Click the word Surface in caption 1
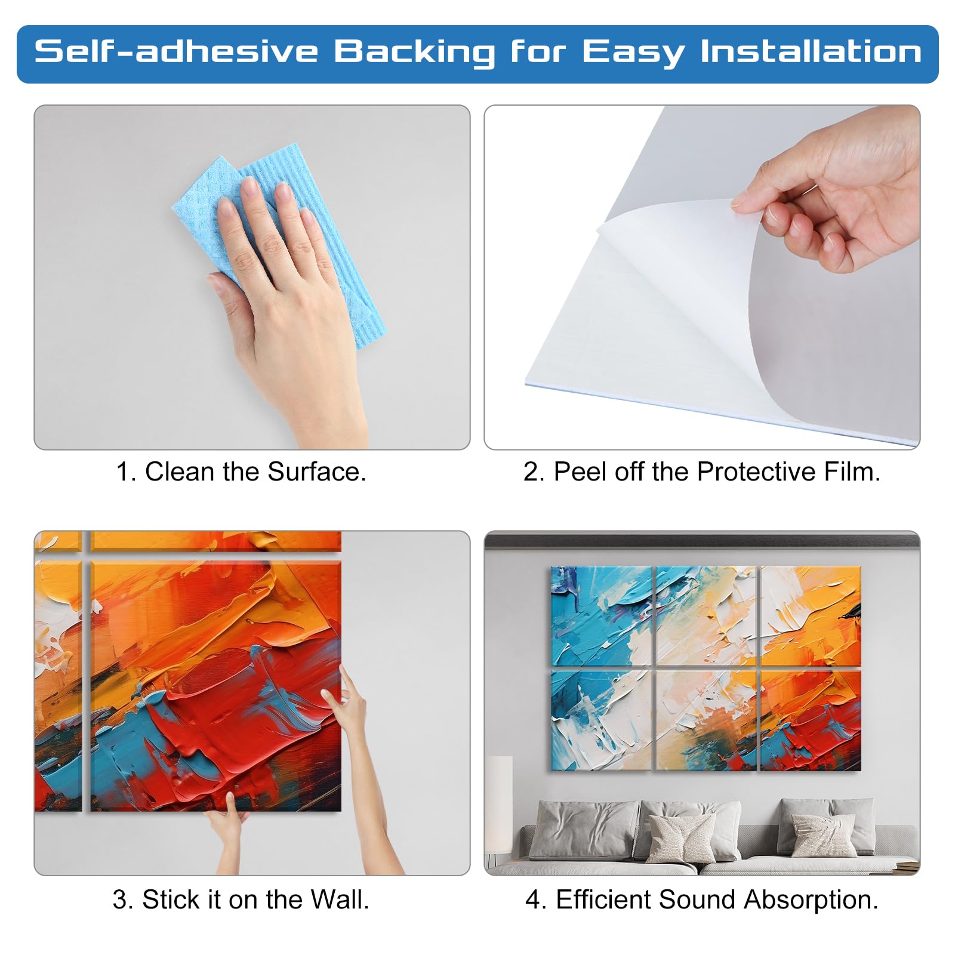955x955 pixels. click(316, 472)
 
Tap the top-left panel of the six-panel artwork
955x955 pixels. click(601, 616)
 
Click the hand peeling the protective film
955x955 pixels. click(830, 197)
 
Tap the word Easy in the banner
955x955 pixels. click(633, 53)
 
